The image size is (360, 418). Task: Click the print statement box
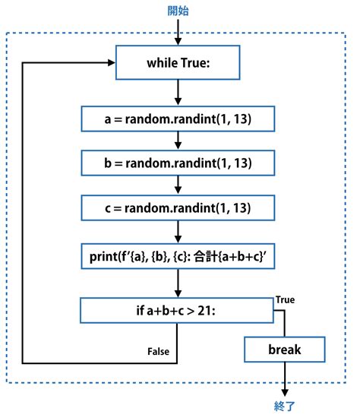(177, 255)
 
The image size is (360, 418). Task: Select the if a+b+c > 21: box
(177, 310)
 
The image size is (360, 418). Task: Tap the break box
(284, 350)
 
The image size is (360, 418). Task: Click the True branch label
(286, 299)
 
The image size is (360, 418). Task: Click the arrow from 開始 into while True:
(177, 33)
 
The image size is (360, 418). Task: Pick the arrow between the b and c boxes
(177, 185)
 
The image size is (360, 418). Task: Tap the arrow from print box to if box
(177, 283)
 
